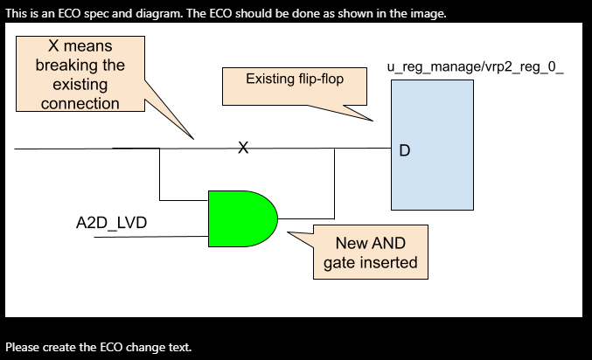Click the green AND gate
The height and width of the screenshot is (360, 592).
[x=240, y=218]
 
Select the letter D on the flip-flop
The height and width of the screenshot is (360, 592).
[x=404, y=150]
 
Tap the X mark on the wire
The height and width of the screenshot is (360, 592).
[x=244, y=149]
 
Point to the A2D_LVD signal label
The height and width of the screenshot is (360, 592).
[x=112, y=224]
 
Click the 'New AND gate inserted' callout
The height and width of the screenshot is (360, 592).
[x=370, y=253]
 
